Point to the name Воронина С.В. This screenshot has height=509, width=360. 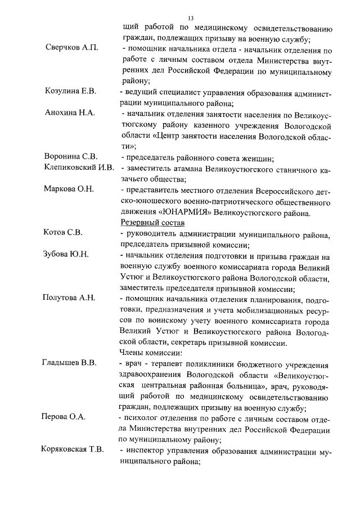(x=71, y=156)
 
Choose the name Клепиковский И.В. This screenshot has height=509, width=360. (x=79, y=167)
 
